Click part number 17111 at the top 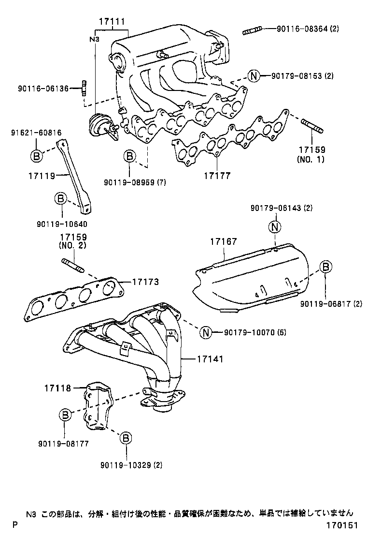[112, 22]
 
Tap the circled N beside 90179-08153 [254, 75]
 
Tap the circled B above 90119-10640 [59, 198]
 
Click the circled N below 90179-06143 [274, 226]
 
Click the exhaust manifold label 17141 [211, 359]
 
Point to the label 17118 [58, 388]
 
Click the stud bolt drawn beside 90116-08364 [253, 32]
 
